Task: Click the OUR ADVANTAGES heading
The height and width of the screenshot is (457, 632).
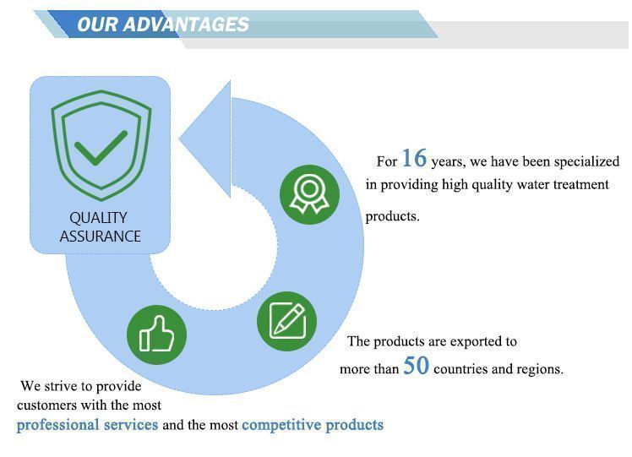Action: tap(162, 24)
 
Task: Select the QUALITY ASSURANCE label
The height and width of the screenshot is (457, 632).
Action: tap(100, 227)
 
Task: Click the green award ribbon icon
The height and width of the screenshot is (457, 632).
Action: tap(310, 194)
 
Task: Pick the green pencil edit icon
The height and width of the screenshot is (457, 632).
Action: tap(286, 321)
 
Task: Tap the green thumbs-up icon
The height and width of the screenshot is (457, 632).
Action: tap(156, 335)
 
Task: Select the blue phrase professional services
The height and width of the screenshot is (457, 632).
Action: tap(87, 425)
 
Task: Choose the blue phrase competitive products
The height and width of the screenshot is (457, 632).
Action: tap(313, 425)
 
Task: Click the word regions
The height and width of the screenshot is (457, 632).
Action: tap(540, 369)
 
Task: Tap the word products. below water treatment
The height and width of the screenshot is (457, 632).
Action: tap(392, 216)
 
